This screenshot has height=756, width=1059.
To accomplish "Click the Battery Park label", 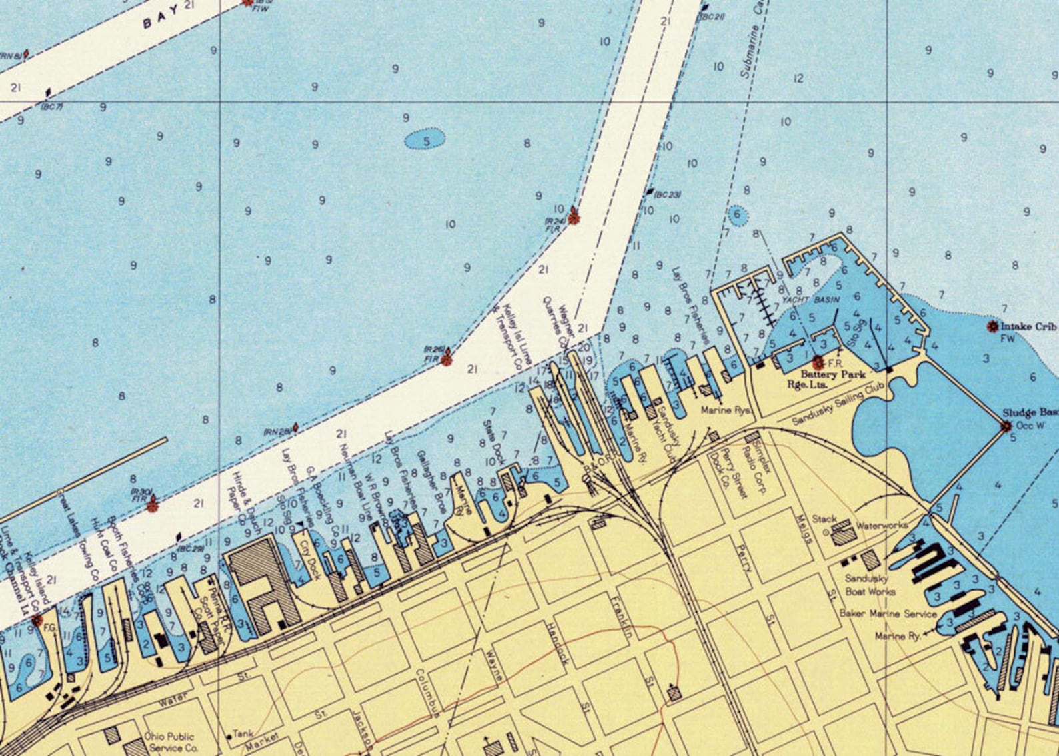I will tap(833, 374).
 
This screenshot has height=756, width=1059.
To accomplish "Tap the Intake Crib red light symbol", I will tap(992, 326).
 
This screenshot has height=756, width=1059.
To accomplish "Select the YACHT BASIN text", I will tap(810, 300).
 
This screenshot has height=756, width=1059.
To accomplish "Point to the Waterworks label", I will tap(882, 526).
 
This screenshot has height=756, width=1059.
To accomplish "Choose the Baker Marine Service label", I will tap(888, 613).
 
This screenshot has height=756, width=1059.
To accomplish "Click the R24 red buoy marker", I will tap(573, 217).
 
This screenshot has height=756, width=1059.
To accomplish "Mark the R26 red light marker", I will tap(447, 360).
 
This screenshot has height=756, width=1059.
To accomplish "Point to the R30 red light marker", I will tap(153, 505).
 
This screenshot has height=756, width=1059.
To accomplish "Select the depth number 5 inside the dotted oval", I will tap(425, 140).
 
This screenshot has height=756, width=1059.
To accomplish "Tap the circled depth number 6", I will tap(737, 214).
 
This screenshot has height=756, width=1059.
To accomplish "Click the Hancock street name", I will tap(556, 644).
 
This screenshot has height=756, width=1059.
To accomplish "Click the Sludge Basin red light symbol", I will tap(1006, 426).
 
